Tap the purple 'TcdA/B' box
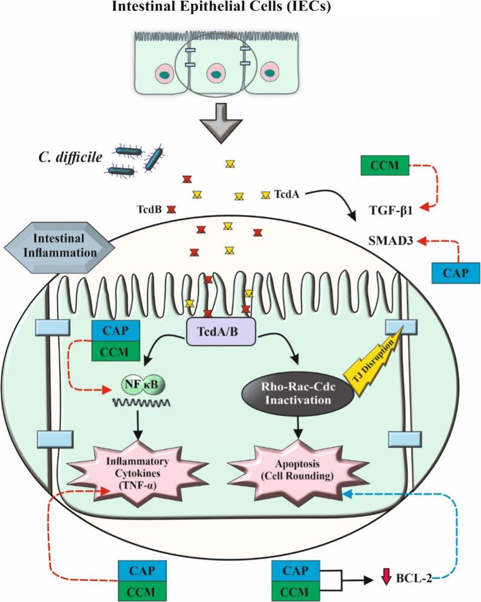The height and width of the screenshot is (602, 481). pos(219,332)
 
